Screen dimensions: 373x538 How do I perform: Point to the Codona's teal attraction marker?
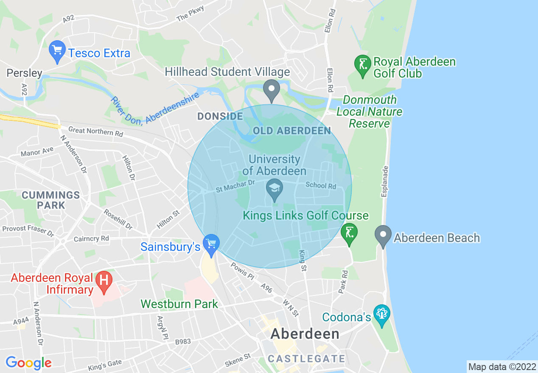pos(382,315)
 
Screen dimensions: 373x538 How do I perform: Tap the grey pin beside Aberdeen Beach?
pos(384,236)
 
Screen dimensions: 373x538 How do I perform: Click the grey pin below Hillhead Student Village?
pos(271,89)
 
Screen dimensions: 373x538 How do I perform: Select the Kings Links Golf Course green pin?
pos(349,234)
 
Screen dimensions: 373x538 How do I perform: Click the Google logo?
pos(28,363)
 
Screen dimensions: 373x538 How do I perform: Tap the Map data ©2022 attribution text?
pos(501,366)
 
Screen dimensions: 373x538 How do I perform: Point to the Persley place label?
pos(24,73)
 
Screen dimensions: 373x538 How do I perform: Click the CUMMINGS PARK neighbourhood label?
pos(51,200)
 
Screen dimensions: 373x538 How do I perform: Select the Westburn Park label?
pos(179,304)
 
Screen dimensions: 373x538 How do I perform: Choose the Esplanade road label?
pos(385,181)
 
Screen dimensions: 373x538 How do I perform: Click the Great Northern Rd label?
pos(95,132)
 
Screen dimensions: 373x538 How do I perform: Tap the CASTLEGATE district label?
pos(306,359)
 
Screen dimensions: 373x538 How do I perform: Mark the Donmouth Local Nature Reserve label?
pos(370,112)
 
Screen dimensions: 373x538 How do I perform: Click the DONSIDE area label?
pos(220,116)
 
